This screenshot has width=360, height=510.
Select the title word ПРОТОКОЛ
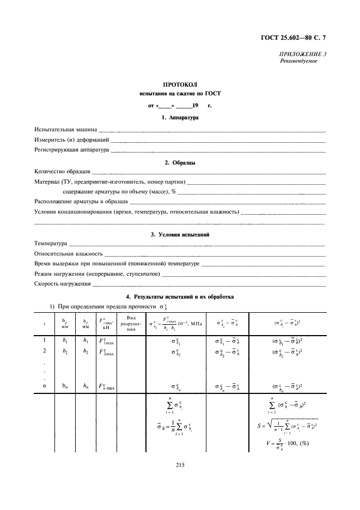click(179, 85)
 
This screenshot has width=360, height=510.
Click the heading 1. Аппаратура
click(180, 118)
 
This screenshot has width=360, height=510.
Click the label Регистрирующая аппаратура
click(71, 149)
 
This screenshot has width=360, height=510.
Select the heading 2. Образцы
click(180, 163)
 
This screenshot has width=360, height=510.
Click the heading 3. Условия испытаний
click(180, 234)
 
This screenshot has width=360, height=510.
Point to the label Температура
click(51, 244)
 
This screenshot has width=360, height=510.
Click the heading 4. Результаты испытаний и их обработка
click(180, 297)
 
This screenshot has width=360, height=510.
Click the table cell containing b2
click(65, 351)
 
